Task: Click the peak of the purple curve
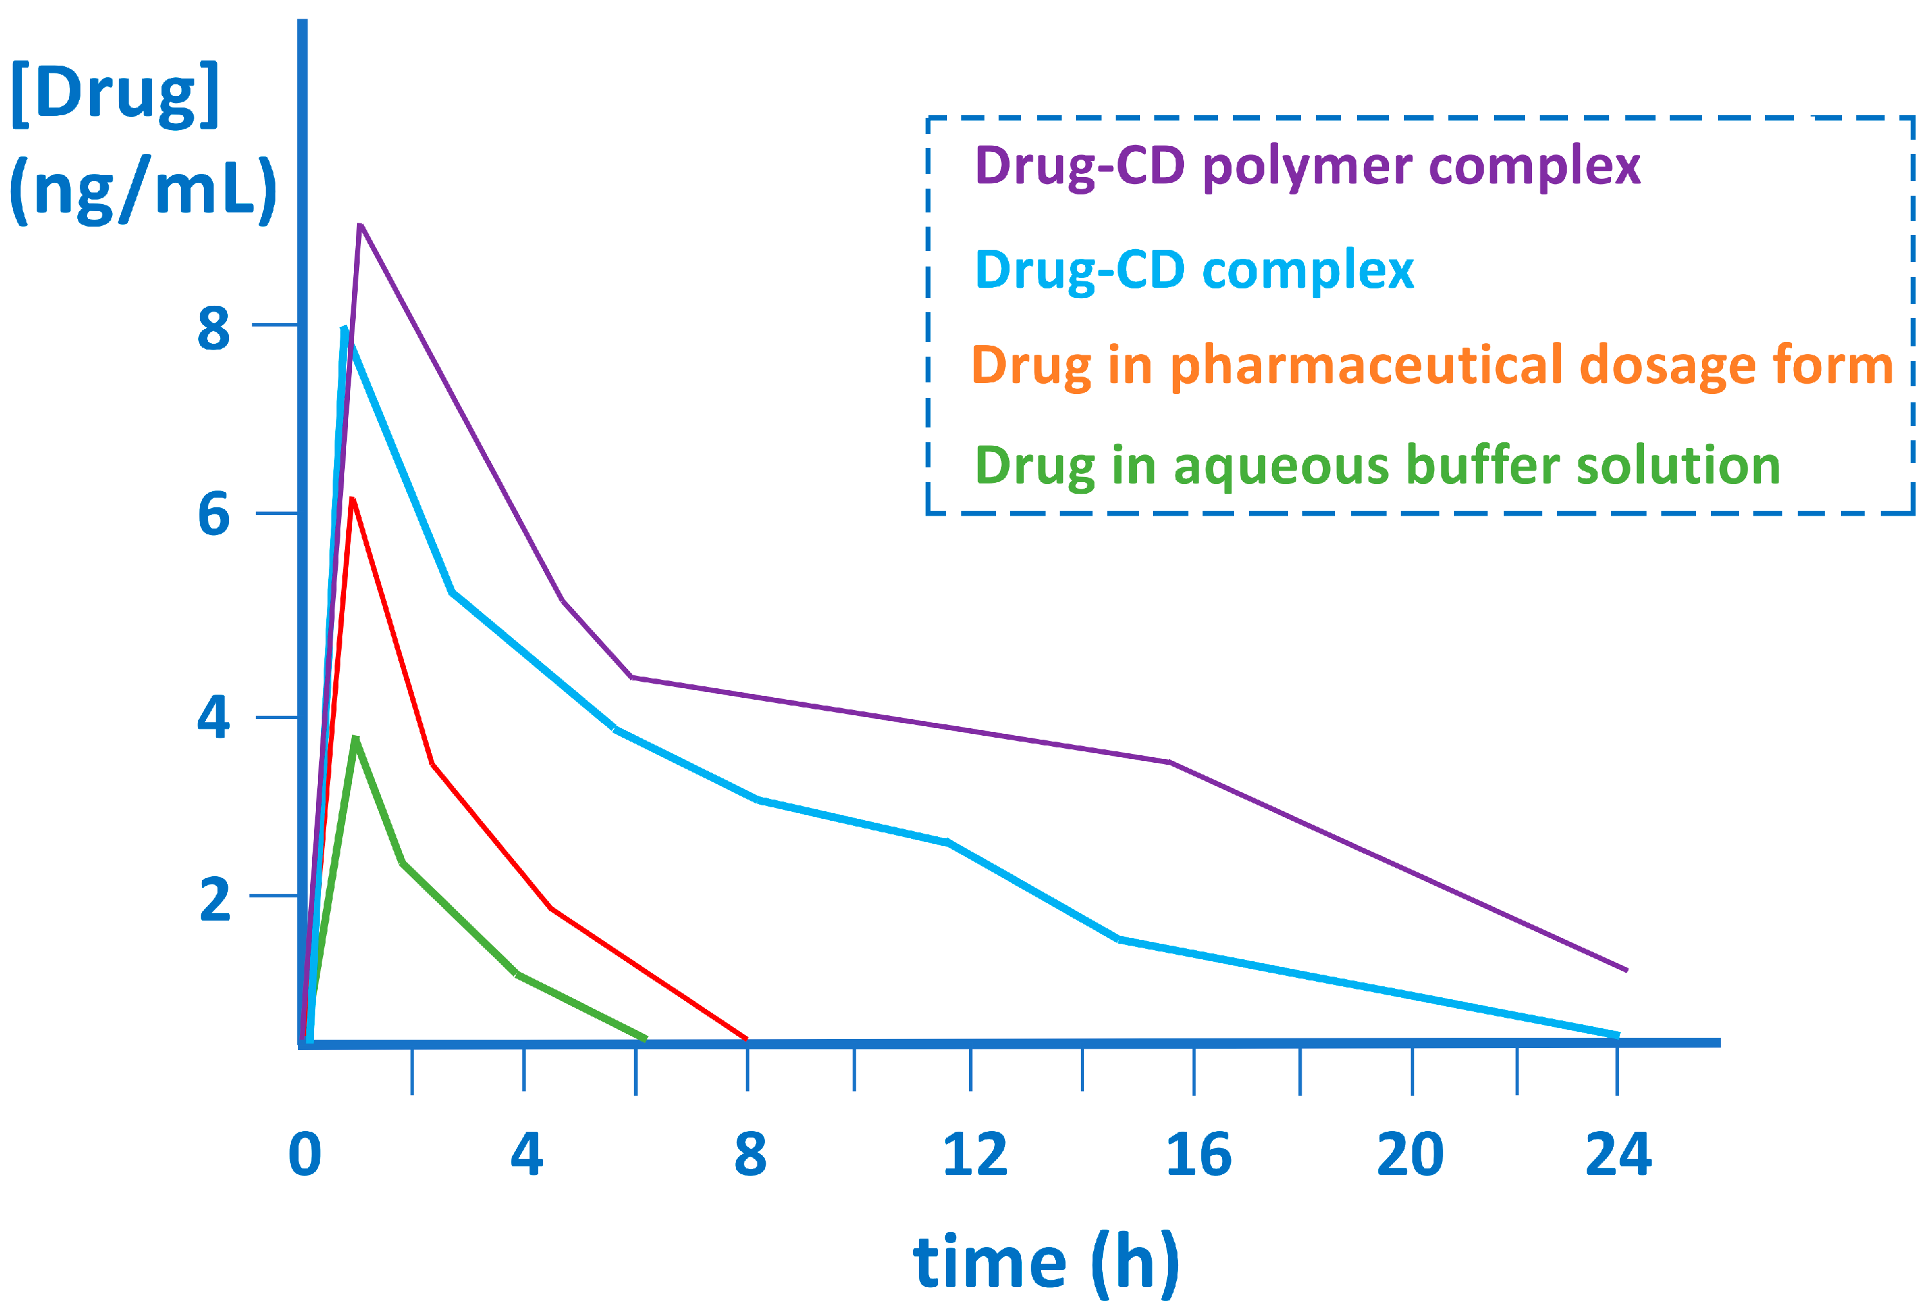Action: coord(360,226)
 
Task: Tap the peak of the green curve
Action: coord(355,738)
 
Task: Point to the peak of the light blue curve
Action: coord(344,329)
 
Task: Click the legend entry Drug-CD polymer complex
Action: coord(1307,166)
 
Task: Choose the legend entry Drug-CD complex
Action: coord(1194,270)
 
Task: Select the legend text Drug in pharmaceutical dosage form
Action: coord(1432,366)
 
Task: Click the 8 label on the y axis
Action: coord(214,328)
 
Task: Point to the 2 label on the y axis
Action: coord(215,899)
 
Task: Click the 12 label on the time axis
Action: coord(974,1154)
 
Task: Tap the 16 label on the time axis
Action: coord(1197,1154)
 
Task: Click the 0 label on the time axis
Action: coord(304,1154)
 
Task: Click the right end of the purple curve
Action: coord(1626,969)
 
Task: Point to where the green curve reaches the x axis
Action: coord(645,1038)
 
